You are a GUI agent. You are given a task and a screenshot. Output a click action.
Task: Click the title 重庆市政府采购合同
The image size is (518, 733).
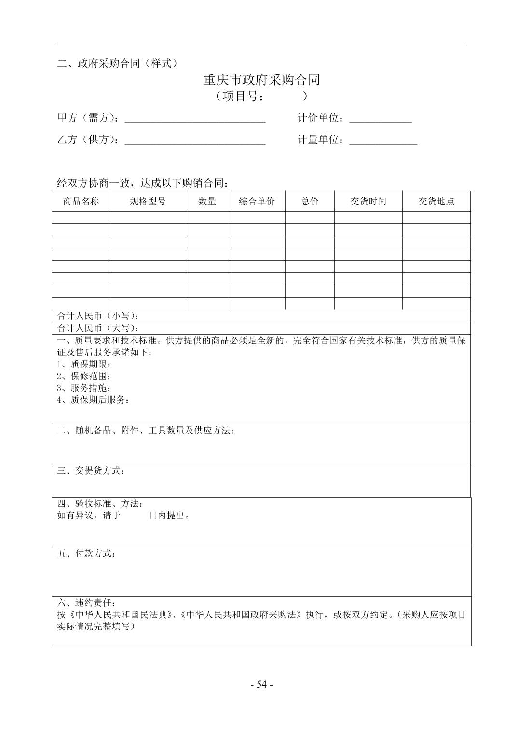pos(261,80)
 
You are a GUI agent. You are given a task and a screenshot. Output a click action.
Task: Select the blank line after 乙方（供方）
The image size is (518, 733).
pos(195,143)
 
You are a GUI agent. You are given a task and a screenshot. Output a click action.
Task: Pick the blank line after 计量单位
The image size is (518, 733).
pos(383,143)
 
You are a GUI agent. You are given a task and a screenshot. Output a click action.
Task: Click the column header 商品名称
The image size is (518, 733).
pos(81,202)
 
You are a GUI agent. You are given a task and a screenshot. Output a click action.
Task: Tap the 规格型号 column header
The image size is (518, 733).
pos(148,202)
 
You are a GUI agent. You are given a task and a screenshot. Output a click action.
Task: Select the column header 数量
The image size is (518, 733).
pos(207,202)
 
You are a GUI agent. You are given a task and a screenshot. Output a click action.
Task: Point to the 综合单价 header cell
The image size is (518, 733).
pos(257,202)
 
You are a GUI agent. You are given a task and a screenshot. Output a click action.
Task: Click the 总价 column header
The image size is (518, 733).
pos(310,202)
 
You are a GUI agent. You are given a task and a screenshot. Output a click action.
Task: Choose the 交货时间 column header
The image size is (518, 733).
pos(368,202)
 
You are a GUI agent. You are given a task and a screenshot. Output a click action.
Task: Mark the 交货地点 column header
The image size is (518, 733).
pos(436,202)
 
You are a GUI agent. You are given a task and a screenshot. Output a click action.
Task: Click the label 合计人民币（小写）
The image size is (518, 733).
pos(98,316)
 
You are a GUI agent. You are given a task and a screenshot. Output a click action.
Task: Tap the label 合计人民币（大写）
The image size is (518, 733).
pos(98,328)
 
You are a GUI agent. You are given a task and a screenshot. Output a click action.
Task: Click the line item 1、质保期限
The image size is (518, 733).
pos(84,364)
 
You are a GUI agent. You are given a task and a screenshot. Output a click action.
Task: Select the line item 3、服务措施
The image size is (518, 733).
pos(84,388)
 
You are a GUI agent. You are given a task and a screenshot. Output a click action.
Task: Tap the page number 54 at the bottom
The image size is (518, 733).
pos(261,684)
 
